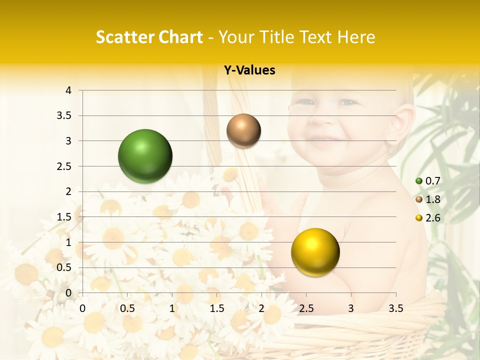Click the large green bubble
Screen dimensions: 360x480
click(145, 156)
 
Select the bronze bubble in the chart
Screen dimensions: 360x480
click(243, 130)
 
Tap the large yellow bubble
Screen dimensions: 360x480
click(315, 252)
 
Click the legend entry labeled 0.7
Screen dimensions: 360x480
click(428, 181)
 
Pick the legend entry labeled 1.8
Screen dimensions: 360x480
click(428, 199)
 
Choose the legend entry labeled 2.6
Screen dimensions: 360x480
click(428, 218)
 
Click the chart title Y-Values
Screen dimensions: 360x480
click(249, 70)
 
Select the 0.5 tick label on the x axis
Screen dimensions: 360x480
click(127, 308)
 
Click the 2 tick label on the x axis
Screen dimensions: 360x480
click(261, 308)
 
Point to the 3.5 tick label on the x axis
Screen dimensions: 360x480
click(395, 308)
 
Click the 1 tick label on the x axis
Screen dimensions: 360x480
click(172, 308)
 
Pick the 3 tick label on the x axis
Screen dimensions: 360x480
click(351, 308)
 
